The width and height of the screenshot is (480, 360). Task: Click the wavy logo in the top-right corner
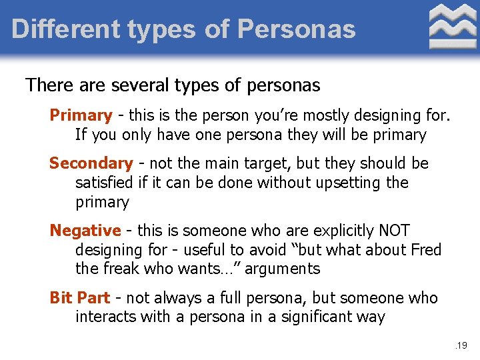click(453, 27)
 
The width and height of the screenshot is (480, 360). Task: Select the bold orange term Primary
click(81, 115)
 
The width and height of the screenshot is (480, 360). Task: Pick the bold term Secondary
click(91, 163)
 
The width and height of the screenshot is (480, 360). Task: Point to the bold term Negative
click(85, 231)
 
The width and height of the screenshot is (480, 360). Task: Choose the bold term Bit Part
click(80, 297)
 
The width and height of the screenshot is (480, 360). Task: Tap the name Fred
click(425, 250)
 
